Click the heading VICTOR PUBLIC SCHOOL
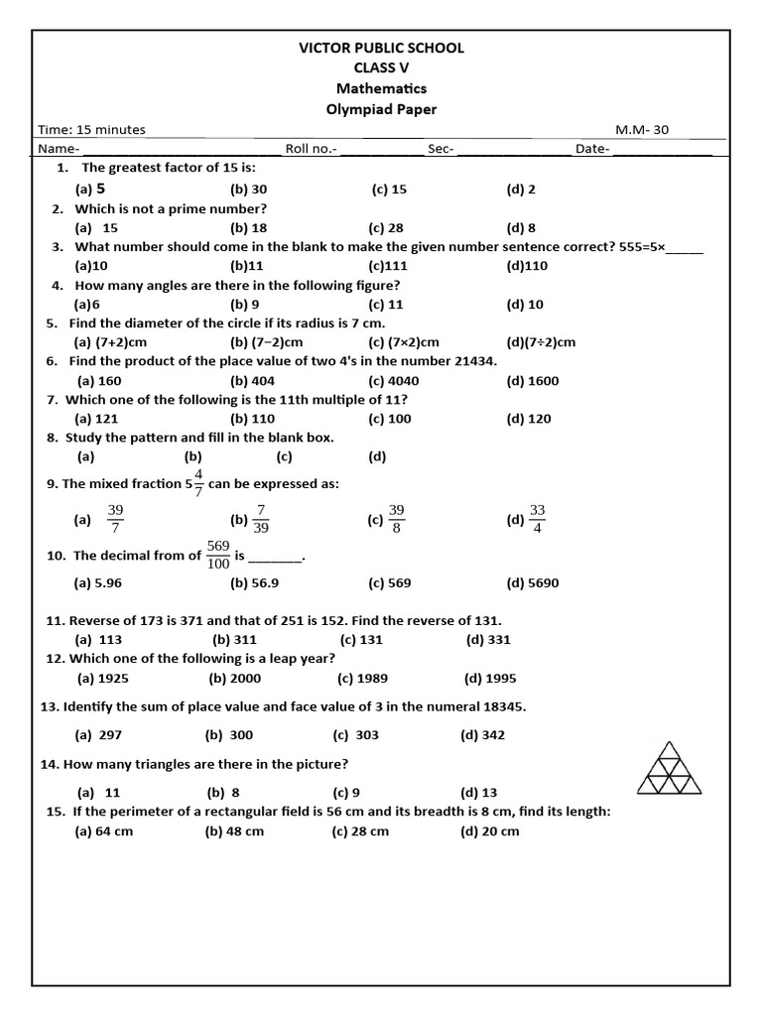pos(381,48)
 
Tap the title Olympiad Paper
pos(381,109)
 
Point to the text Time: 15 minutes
pos(91,130)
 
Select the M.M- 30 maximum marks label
pos(643,130)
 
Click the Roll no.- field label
pos(312,149)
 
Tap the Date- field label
pos(592,149)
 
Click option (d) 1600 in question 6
pos(532,381)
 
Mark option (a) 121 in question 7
pos(97,419)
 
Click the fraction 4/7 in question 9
pos(198,483)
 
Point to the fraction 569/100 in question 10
pos(218,555)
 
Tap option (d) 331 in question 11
pos(488,640)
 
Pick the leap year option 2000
pos(232,679)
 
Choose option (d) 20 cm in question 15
pos(489,831)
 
